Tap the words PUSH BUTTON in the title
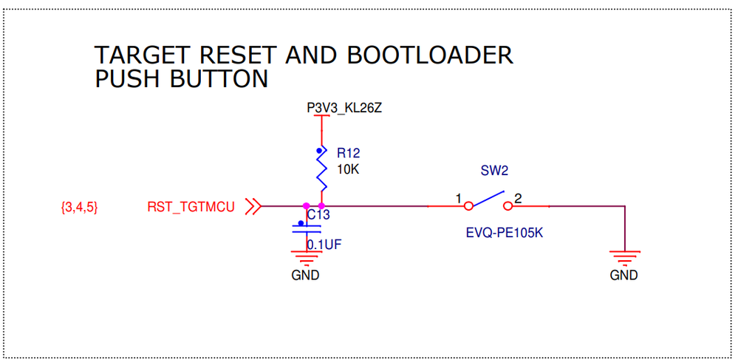(x=181, y=78)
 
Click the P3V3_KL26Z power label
(x=344, y=109)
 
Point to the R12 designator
(x=348, y=154)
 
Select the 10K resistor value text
(x=348, y=169)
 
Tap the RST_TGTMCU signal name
(x=191, y=207)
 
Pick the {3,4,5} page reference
(x=79, y=207)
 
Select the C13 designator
(x=318, y=215)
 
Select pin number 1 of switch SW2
(x=459, y=199)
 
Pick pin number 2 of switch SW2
(x=519, y=199)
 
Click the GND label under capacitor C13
(x=305, y=276)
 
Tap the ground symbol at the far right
(x=624, y=257)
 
